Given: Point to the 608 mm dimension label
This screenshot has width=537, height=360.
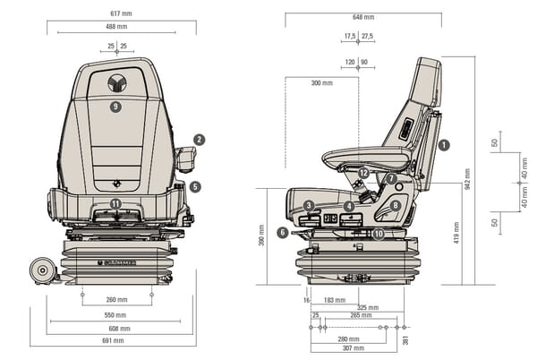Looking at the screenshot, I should point(117,328).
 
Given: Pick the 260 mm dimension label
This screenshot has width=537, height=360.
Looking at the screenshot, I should point(116,300).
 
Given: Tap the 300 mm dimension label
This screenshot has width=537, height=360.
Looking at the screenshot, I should point(321,83).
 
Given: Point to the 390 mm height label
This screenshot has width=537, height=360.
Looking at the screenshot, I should point(261,236).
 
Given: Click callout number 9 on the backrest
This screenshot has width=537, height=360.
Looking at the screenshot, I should point(115,107).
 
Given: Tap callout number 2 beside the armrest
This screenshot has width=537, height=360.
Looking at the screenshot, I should point(200,140).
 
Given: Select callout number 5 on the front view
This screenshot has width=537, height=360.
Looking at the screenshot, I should point(195,187).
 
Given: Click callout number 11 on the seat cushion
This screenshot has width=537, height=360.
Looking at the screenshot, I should point(115,204).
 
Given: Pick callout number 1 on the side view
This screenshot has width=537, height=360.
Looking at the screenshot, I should point(444,143).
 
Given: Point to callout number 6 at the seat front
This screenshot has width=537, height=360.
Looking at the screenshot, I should point(282,233).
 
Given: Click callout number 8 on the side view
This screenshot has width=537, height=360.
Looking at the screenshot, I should point(395,205).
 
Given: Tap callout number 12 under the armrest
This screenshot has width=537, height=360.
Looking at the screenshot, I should point(362,173).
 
